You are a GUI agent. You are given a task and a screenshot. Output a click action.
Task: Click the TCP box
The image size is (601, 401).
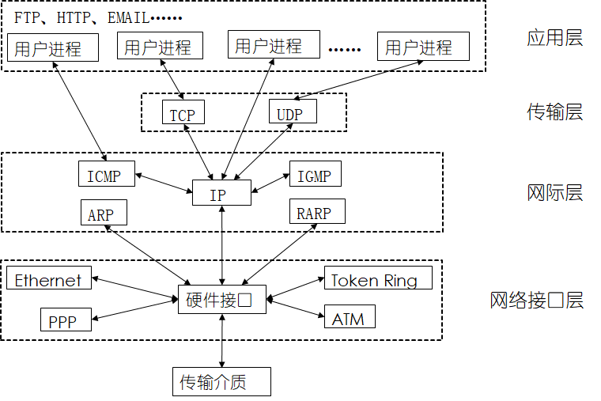click(183, 112)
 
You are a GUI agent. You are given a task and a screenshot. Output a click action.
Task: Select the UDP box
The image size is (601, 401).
click(293, 112)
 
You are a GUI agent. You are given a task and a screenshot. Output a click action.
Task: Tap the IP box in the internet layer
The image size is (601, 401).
click(221, 192)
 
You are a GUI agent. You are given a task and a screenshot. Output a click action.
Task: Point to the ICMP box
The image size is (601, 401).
click(107, 174)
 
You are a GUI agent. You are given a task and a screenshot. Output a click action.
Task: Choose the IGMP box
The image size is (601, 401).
click(315, 174)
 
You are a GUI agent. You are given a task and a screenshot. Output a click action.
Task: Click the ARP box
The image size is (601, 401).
click(104, 213)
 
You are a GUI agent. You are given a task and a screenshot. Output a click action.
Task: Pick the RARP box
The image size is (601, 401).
click(317, 211)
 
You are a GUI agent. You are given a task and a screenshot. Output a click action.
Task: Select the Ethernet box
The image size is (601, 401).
click(49, 278)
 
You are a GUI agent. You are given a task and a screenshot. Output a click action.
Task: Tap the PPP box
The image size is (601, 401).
click(66, 320)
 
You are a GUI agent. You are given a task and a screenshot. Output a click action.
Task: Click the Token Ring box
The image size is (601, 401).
click(378, 278)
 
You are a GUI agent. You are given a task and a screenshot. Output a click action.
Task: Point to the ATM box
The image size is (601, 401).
click(350, 316)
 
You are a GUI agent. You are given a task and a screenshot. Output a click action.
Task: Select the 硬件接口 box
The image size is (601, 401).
click(222, 300)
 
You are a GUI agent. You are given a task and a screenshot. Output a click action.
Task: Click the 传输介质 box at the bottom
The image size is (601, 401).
click(221, 381)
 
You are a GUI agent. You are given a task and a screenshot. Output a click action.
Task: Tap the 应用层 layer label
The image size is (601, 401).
click(554, 38)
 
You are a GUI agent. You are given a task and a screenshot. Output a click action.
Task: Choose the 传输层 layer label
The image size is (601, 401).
click(554, 112)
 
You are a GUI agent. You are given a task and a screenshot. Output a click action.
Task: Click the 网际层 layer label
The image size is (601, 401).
click(554, 192)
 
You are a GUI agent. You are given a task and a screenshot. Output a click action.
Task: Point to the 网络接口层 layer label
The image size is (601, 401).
click(537, 301)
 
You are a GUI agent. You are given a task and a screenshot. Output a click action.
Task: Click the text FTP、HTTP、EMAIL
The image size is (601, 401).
click(81, 18)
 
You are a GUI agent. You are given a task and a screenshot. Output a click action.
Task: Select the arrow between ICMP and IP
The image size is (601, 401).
click(164, 183)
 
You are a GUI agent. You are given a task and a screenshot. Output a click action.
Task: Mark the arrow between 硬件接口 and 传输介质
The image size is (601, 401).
click(222, 340)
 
